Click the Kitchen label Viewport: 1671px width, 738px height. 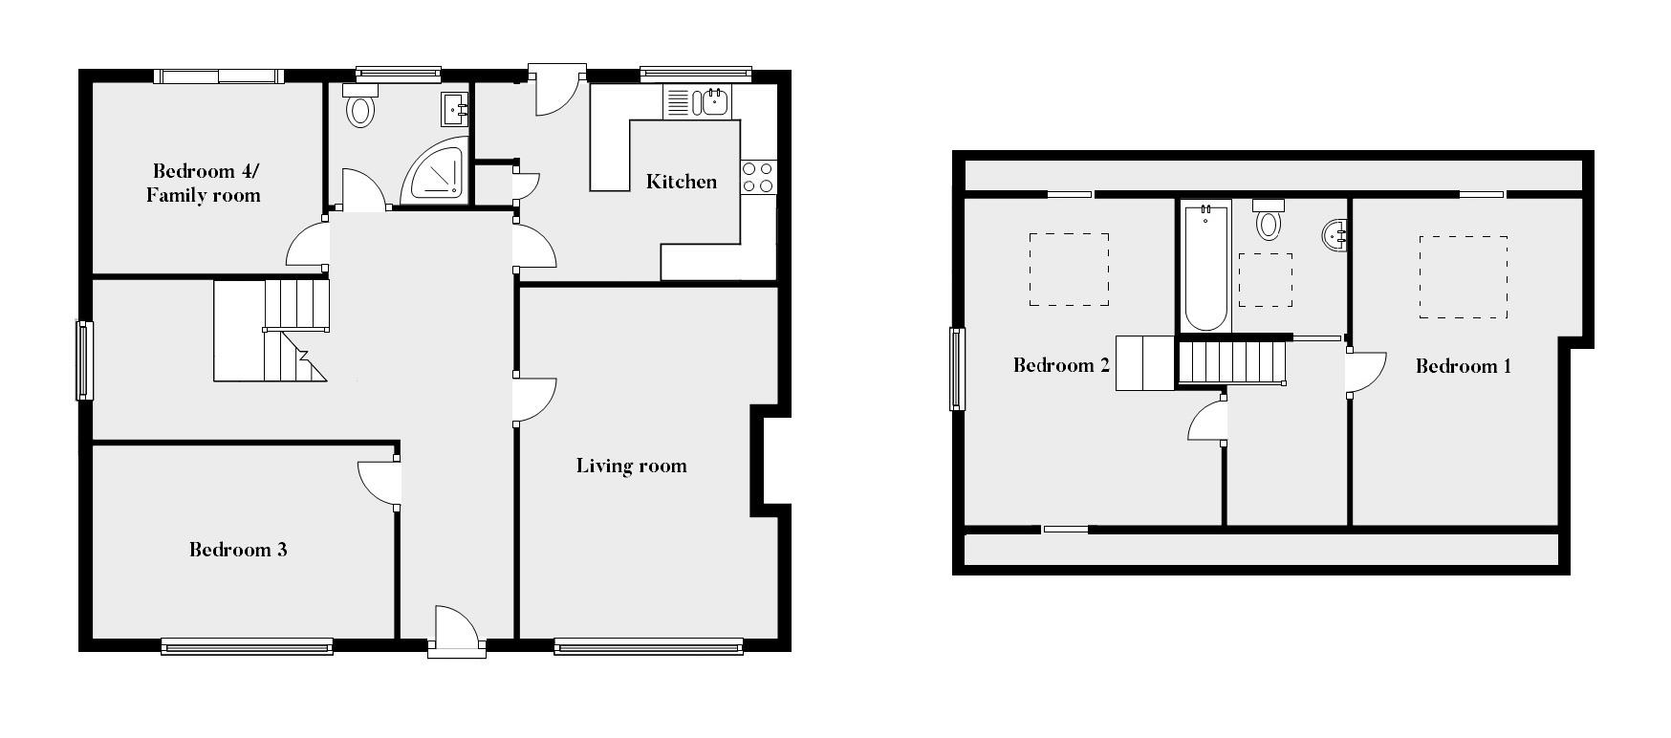[681, 182]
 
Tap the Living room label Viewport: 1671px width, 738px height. [631, 466]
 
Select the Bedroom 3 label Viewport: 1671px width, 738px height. [238, 550]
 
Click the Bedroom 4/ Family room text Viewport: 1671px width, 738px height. [204, 183]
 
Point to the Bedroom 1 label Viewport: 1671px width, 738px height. [1463, 366]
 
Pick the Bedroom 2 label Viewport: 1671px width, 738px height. [1060, 365]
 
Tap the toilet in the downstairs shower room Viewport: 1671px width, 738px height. [359, 107]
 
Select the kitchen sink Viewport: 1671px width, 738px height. [713, 101]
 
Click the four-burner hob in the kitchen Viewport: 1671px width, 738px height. [758, 177]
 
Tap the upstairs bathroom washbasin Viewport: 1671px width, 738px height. [1336, 234]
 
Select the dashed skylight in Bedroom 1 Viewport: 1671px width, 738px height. [1463, 277]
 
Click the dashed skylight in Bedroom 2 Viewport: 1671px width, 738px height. [1069, 270]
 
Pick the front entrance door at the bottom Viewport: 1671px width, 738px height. [455, 631]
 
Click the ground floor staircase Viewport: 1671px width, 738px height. [271, 330]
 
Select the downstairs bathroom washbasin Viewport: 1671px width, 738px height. [455, 109]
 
